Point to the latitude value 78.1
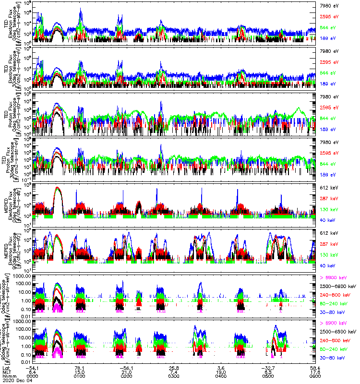[80, 368]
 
